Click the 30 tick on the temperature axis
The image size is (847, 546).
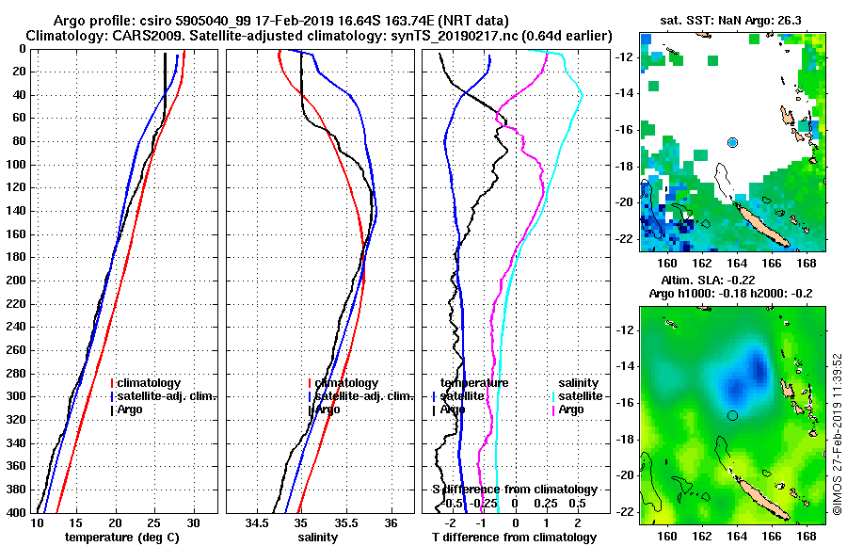point(194,522)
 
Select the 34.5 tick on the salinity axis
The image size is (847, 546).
point(258,522)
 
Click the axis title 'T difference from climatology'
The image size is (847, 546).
point(514,538)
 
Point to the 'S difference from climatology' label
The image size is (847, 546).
point(514,490)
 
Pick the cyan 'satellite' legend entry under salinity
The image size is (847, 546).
point(583,396)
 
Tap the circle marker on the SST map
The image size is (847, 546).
point(733,142)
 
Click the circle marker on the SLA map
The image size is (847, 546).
point(733,415)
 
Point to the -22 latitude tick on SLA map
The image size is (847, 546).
point(626,512)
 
